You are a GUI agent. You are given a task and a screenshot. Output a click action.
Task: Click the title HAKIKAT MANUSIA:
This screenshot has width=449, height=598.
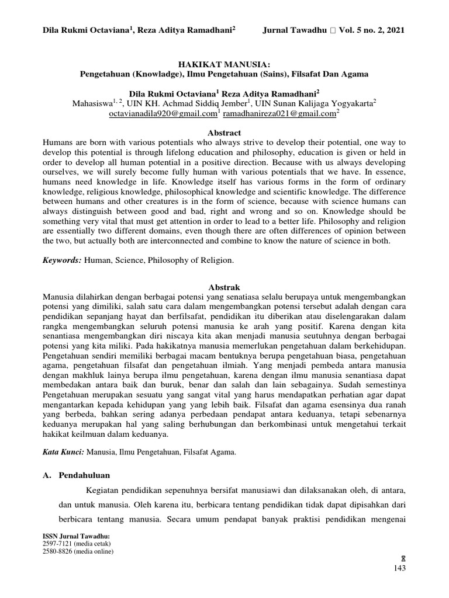pos(224,64)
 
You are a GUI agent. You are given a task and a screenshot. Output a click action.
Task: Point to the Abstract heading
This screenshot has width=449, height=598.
pos(224,133)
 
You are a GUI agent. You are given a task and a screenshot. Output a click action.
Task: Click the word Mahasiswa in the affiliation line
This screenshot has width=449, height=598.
pos(92,104)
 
